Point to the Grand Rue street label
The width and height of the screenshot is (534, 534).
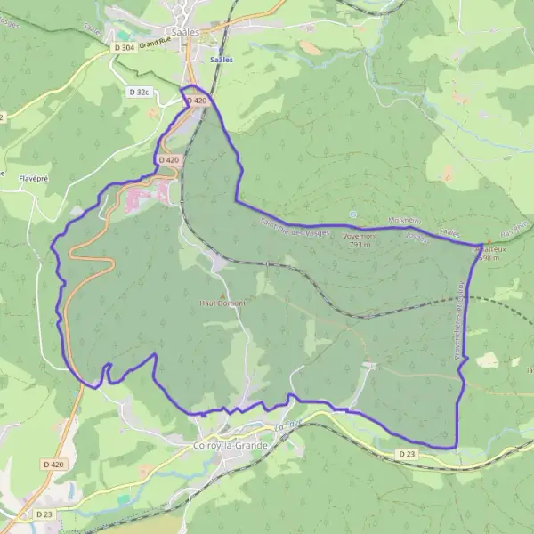(155, 42)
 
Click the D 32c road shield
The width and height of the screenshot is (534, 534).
(138, 92)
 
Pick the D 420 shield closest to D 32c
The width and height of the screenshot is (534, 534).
(196, 101)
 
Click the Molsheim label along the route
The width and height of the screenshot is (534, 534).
(403, 220)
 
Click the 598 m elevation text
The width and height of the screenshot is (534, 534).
(488, 258)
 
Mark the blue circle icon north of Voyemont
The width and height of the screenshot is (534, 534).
(353, 214)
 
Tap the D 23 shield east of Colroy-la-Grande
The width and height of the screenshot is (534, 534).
(407, 454)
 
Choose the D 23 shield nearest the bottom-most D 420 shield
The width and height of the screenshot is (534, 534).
(45, 514)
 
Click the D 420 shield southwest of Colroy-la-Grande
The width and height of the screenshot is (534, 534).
(53, 465)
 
